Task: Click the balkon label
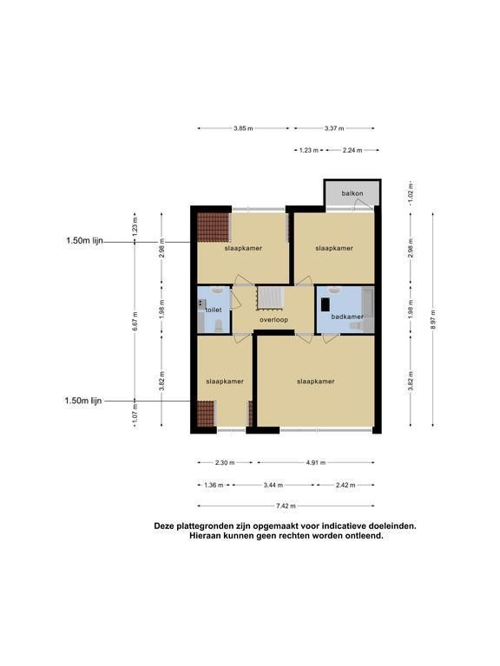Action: coord(352,193)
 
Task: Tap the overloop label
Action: coord(273,320)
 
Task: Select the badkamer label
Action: coord(347,317)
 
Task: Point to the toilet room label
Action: coord(214,310)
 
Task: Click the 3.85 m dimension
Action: coord(243,128)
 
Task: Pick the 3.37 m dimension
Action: coord(334,128)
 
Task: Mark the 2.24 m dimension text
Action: coord(352,150)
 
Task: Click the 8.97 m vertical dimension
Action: coord(433,319)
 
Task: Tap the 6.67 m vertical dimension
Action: coord(135,321)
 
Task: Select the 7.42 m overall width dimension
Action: coord(286,506)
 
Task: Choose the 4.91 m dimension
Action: coord(315,463)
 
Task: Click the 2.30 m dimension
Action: coord(225,463)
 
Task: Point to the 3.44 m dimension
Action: coord(273,485)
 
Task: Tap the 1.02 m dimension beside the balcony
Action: coord(411,193)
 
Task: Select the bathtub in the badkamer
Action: coord(368,303)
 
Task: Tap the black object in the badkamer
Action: coord(326,305)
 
